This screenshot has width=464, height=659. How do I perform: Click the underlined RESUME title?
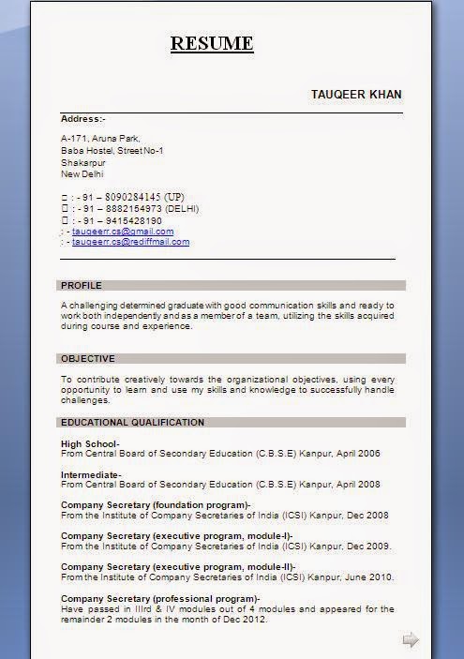(212, 43)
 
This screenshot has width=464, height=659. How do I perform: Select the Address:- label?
(83, 119)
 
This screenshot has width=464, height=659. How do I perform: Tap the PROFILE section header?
(82, 285)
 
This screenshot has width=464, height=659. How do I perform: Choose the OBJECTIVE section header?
(88, 358)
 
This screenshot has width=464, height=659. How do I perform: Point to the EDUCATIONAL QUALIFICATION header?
(132, 422)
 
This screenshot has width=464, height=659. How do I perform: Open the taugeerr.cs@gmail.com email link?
(123, 231)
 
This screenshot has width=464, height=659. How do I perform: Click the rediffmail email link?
(130, 242)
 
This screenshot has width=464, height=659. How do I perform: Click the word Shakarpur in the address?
(82, 162)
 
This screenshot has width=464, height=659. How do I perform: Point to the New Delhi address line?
(82, 173)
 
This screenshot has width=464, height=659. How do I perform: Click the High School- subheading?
(90, 443)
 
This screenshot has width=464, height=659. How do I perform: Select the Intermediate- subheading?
(91, 474)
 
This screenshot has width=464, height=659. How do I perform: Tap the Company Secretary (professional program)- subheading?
(160, 598)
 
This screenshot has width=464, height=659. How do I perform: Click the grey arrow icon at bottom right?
(410, 639)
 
